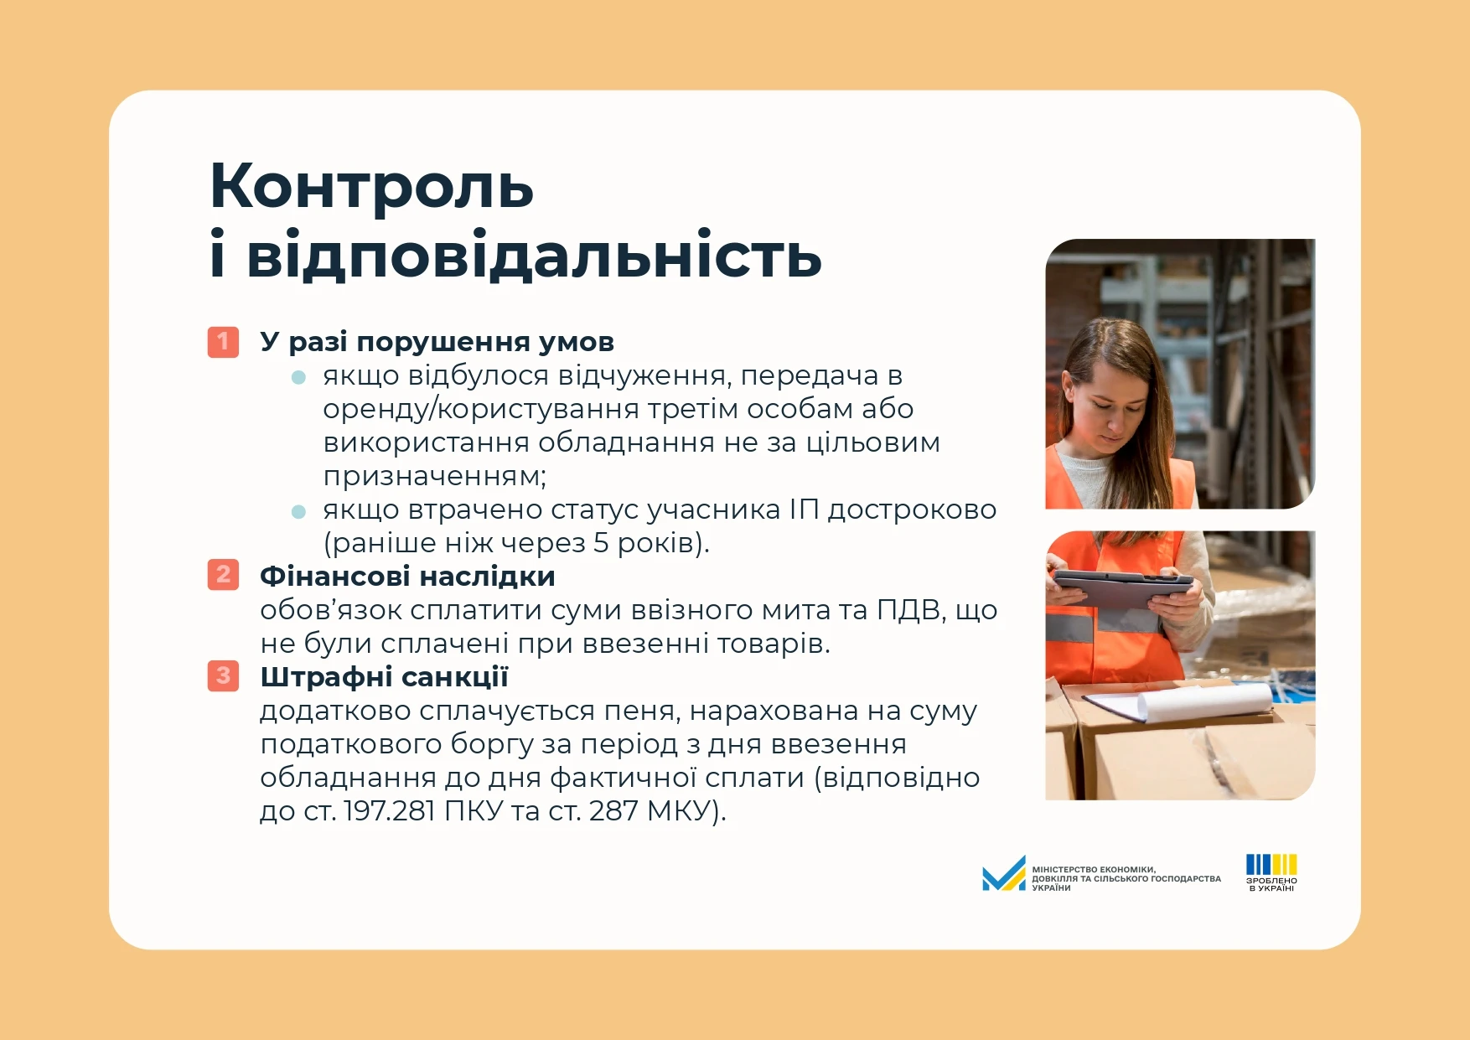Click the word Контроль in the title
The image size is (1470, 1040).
(x=371, y=187)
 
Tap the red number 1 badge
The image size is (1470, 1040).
(x=223, y=342)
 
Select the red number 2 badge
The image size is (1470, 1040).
(x=223, y=575)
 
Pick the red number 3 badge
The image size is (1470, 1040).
(x=223, y=676)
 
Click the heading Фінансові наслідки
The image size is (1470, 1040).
(x=407, y=577)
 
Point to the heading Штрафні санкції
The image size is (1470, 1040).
(x=384, y=677)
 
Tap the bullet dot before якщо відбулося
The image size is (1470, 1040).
(x=298, y=377)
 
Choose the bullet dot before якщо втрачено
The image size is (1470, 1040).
(x=298, y=511)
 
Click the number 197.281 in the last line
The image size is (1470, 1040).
(x=389, y=811)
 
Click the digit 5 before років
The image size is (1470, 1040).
(x=601, y=543)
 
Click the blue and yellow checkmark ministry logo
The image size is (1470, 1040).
(x=1004, y=874)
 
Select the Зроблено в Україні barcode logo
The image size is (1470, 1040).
(x=1271, y=872)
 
